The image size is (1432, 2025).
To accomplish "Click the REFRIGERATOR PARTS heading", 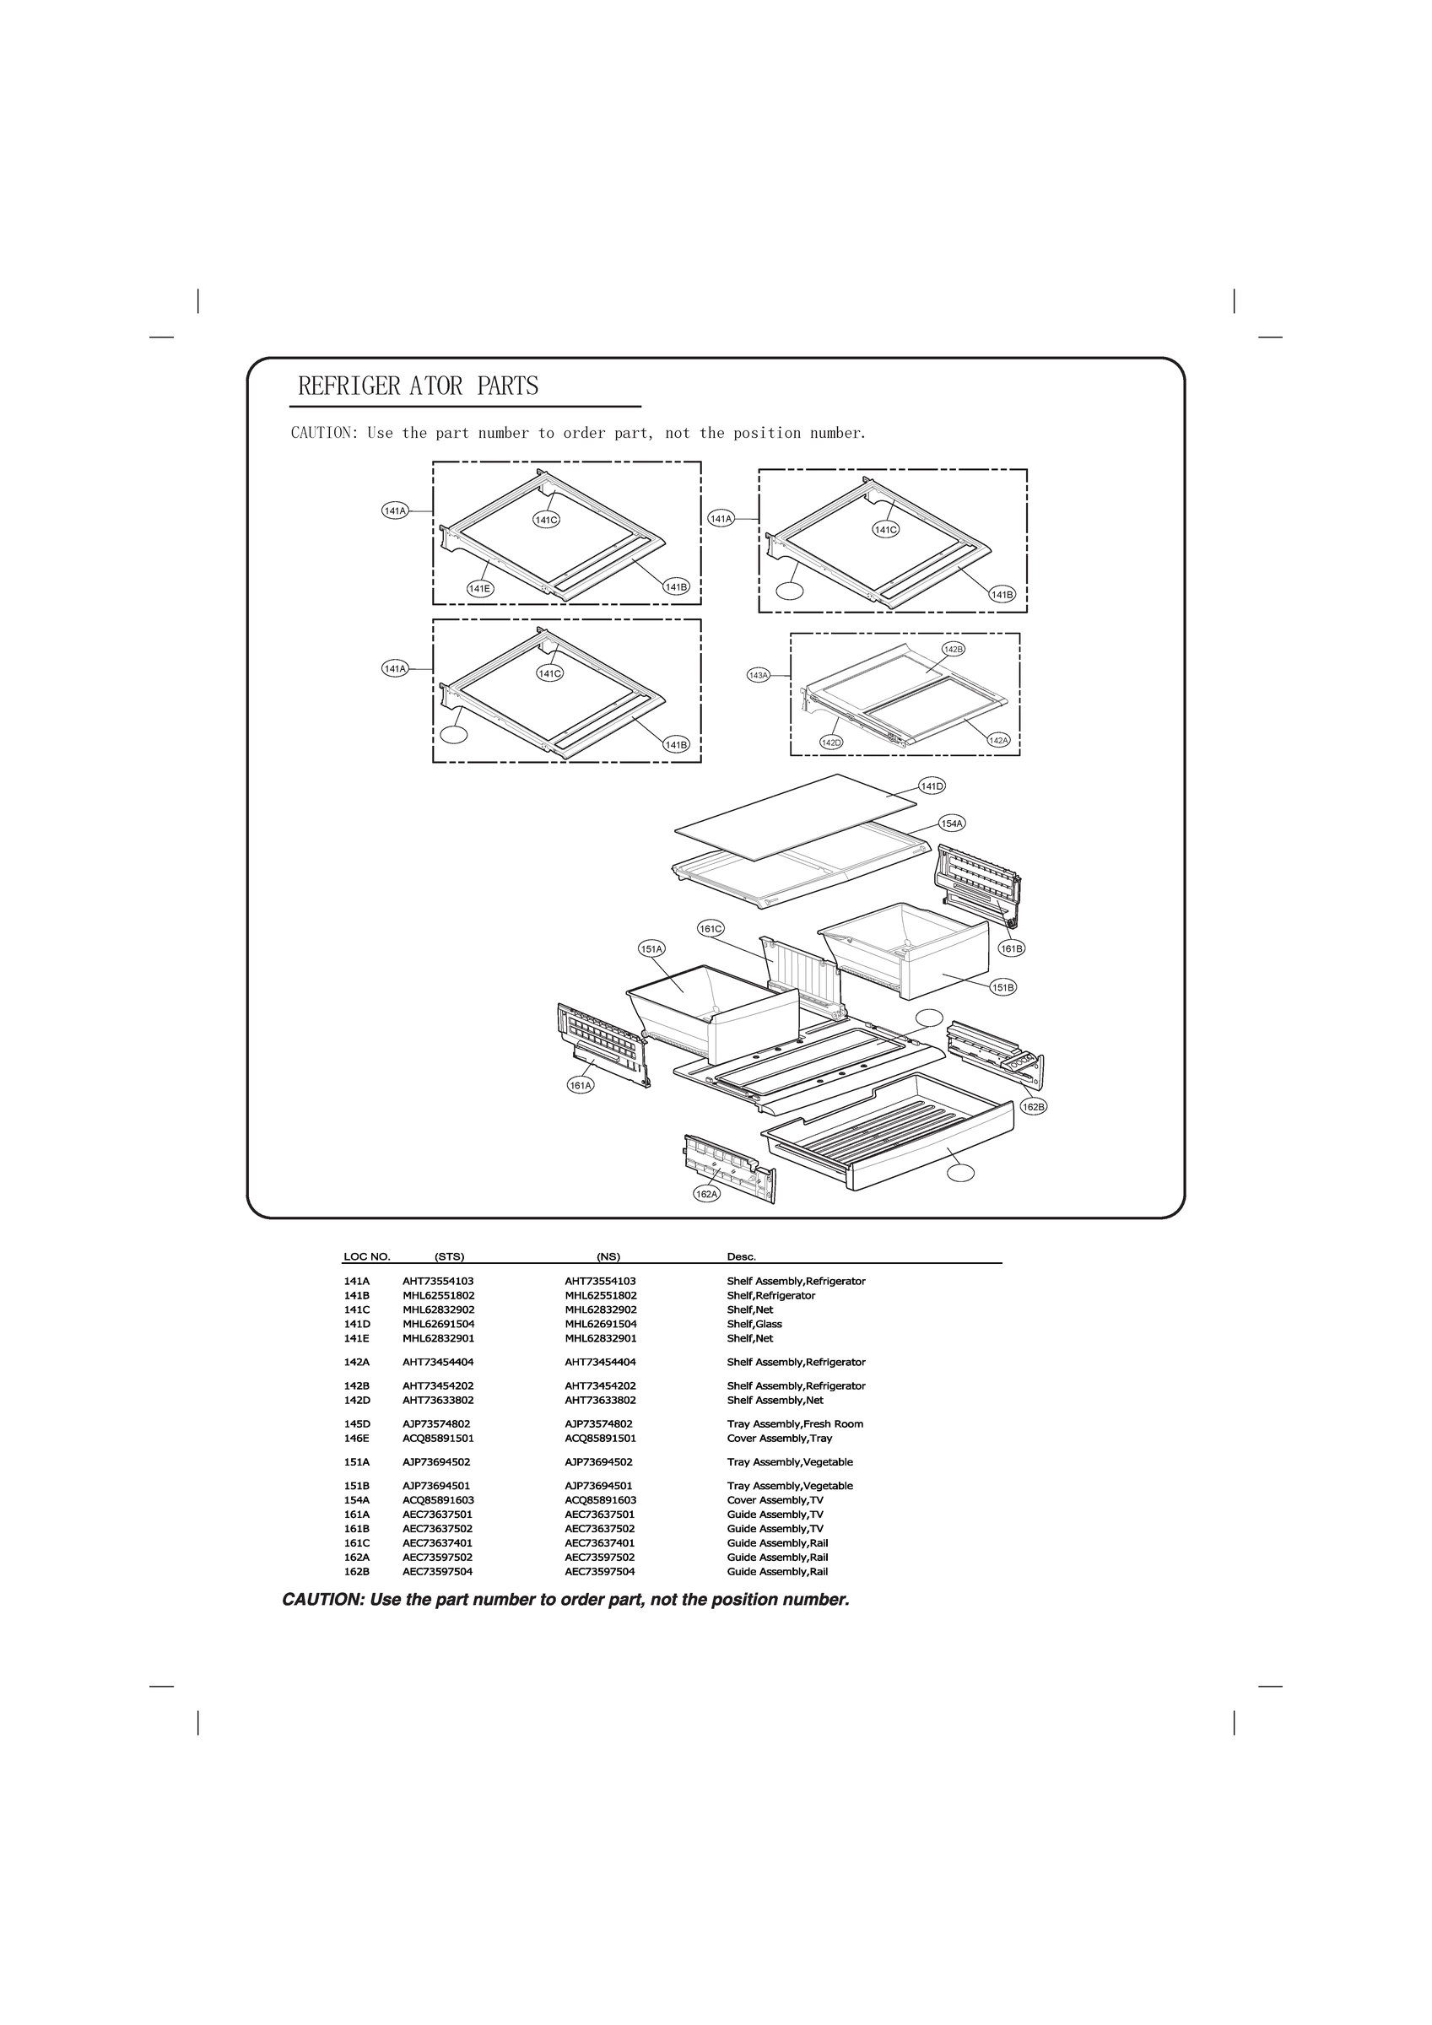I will (419, 386).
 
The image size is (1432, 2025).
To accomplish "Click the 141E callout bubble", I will (480, 589).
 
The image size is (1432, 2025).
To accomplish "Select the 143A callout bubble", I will (758, 676).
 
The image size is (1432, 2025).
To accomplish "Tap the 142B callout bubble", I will (953, 649).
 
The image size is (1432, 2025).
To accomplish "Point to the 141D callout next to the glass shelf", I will (932, 786).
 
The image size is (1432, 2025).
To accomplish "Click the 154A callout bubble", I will (951, 823).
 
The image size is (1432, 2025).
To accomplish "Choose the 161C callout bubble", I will (711, 929).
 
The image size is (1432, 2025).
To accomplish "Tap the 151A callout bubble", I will (651, 949).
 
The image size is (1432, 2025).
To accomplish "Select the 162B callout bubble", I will (1033, 1107).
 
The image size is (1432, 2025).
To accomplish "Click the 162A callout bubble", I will (707, 1194).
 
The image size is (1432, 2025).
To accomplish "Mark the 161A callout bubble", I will (580, 1086).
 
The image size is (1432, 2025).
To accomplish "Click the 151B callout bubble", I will (1003, 988).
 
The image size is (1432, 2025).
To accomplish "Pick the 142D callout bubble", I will (831, 742).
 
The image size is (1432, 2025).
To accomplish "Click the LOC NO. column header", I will (366, 1257).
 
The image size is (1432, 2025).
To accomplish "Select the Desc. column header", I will (741, 1257).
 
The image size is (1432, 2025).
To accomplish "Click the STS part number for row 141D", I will (439, 1324).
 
